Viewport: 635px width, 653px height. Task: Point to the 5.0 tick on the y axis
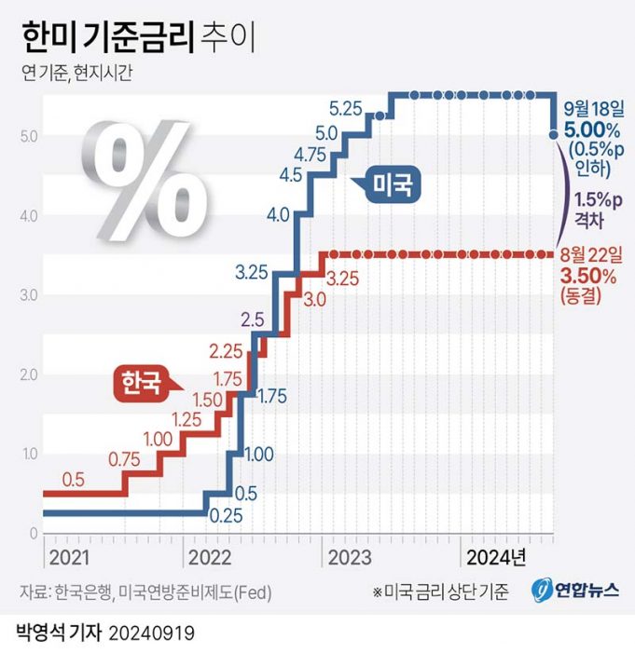point(27,136)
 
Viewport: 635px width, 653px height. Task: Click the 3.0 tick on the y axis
point(27,295)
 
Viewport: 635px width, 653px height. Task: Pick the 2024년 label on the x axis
point(495,557)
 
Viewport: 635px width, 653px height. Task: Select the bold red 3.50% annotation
point(587,277)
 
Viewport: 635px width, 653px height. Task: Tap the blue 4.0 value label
point(277,215)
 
